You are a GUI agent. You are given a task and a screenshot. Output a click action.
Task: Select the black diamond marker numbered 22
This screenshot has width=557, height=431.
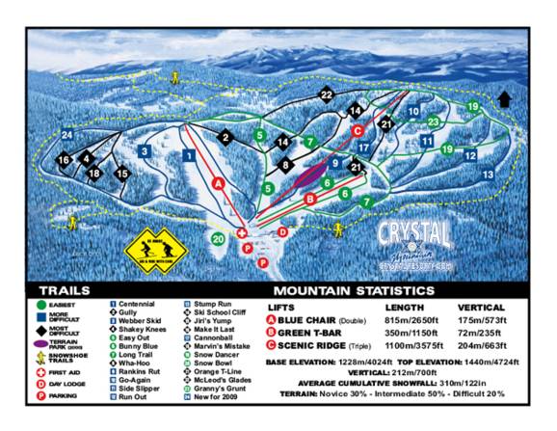[x=327, y=94]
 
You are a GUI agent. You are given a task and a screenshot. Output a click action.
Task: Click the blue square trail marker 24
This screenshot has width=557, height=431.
[x=66, y=136]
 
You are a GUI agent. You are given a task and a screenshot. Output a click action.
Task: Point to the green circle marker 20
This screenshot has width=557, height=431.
[x=219, y=237]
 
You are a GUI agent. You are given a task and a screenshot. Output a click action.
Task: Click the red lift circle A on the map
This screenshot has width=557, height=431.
[x=219, y=181]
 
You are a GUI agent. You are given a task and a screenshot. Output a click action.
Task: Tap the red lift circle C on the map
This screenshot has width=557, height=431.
[x=357, y=129]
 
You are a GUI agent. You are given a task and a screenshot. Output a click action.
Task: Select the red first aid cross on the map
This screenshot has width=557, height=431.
[x=242, y=233]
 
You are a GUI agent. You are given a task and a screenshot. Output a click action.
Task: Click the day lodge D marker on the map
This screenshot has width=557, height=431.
[x=282, y=232]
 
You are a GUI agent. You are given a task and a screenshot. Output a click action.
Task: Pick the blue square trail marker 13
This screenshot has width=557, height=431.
[x=489, y=175]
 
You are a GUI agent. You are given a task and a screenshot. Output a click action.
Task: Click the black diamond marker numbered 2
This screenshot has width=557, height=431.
[x=225, y=138]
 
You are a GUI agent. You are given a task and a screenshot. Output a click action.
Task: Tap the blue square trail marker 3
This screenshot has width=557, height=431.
[x=143, y=150]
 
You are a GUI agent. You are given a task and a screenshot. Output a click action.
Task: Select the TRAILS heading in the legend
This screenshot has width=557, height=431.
[x=65, y=289]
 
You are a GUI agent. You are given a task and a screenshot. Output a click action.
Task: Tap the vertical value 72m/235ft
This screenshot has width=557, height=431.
[x=482, y=332]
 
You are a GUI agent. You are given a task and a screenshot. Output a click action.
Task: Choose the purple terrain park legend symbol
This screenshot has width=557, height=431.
[x=40, y=342]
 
